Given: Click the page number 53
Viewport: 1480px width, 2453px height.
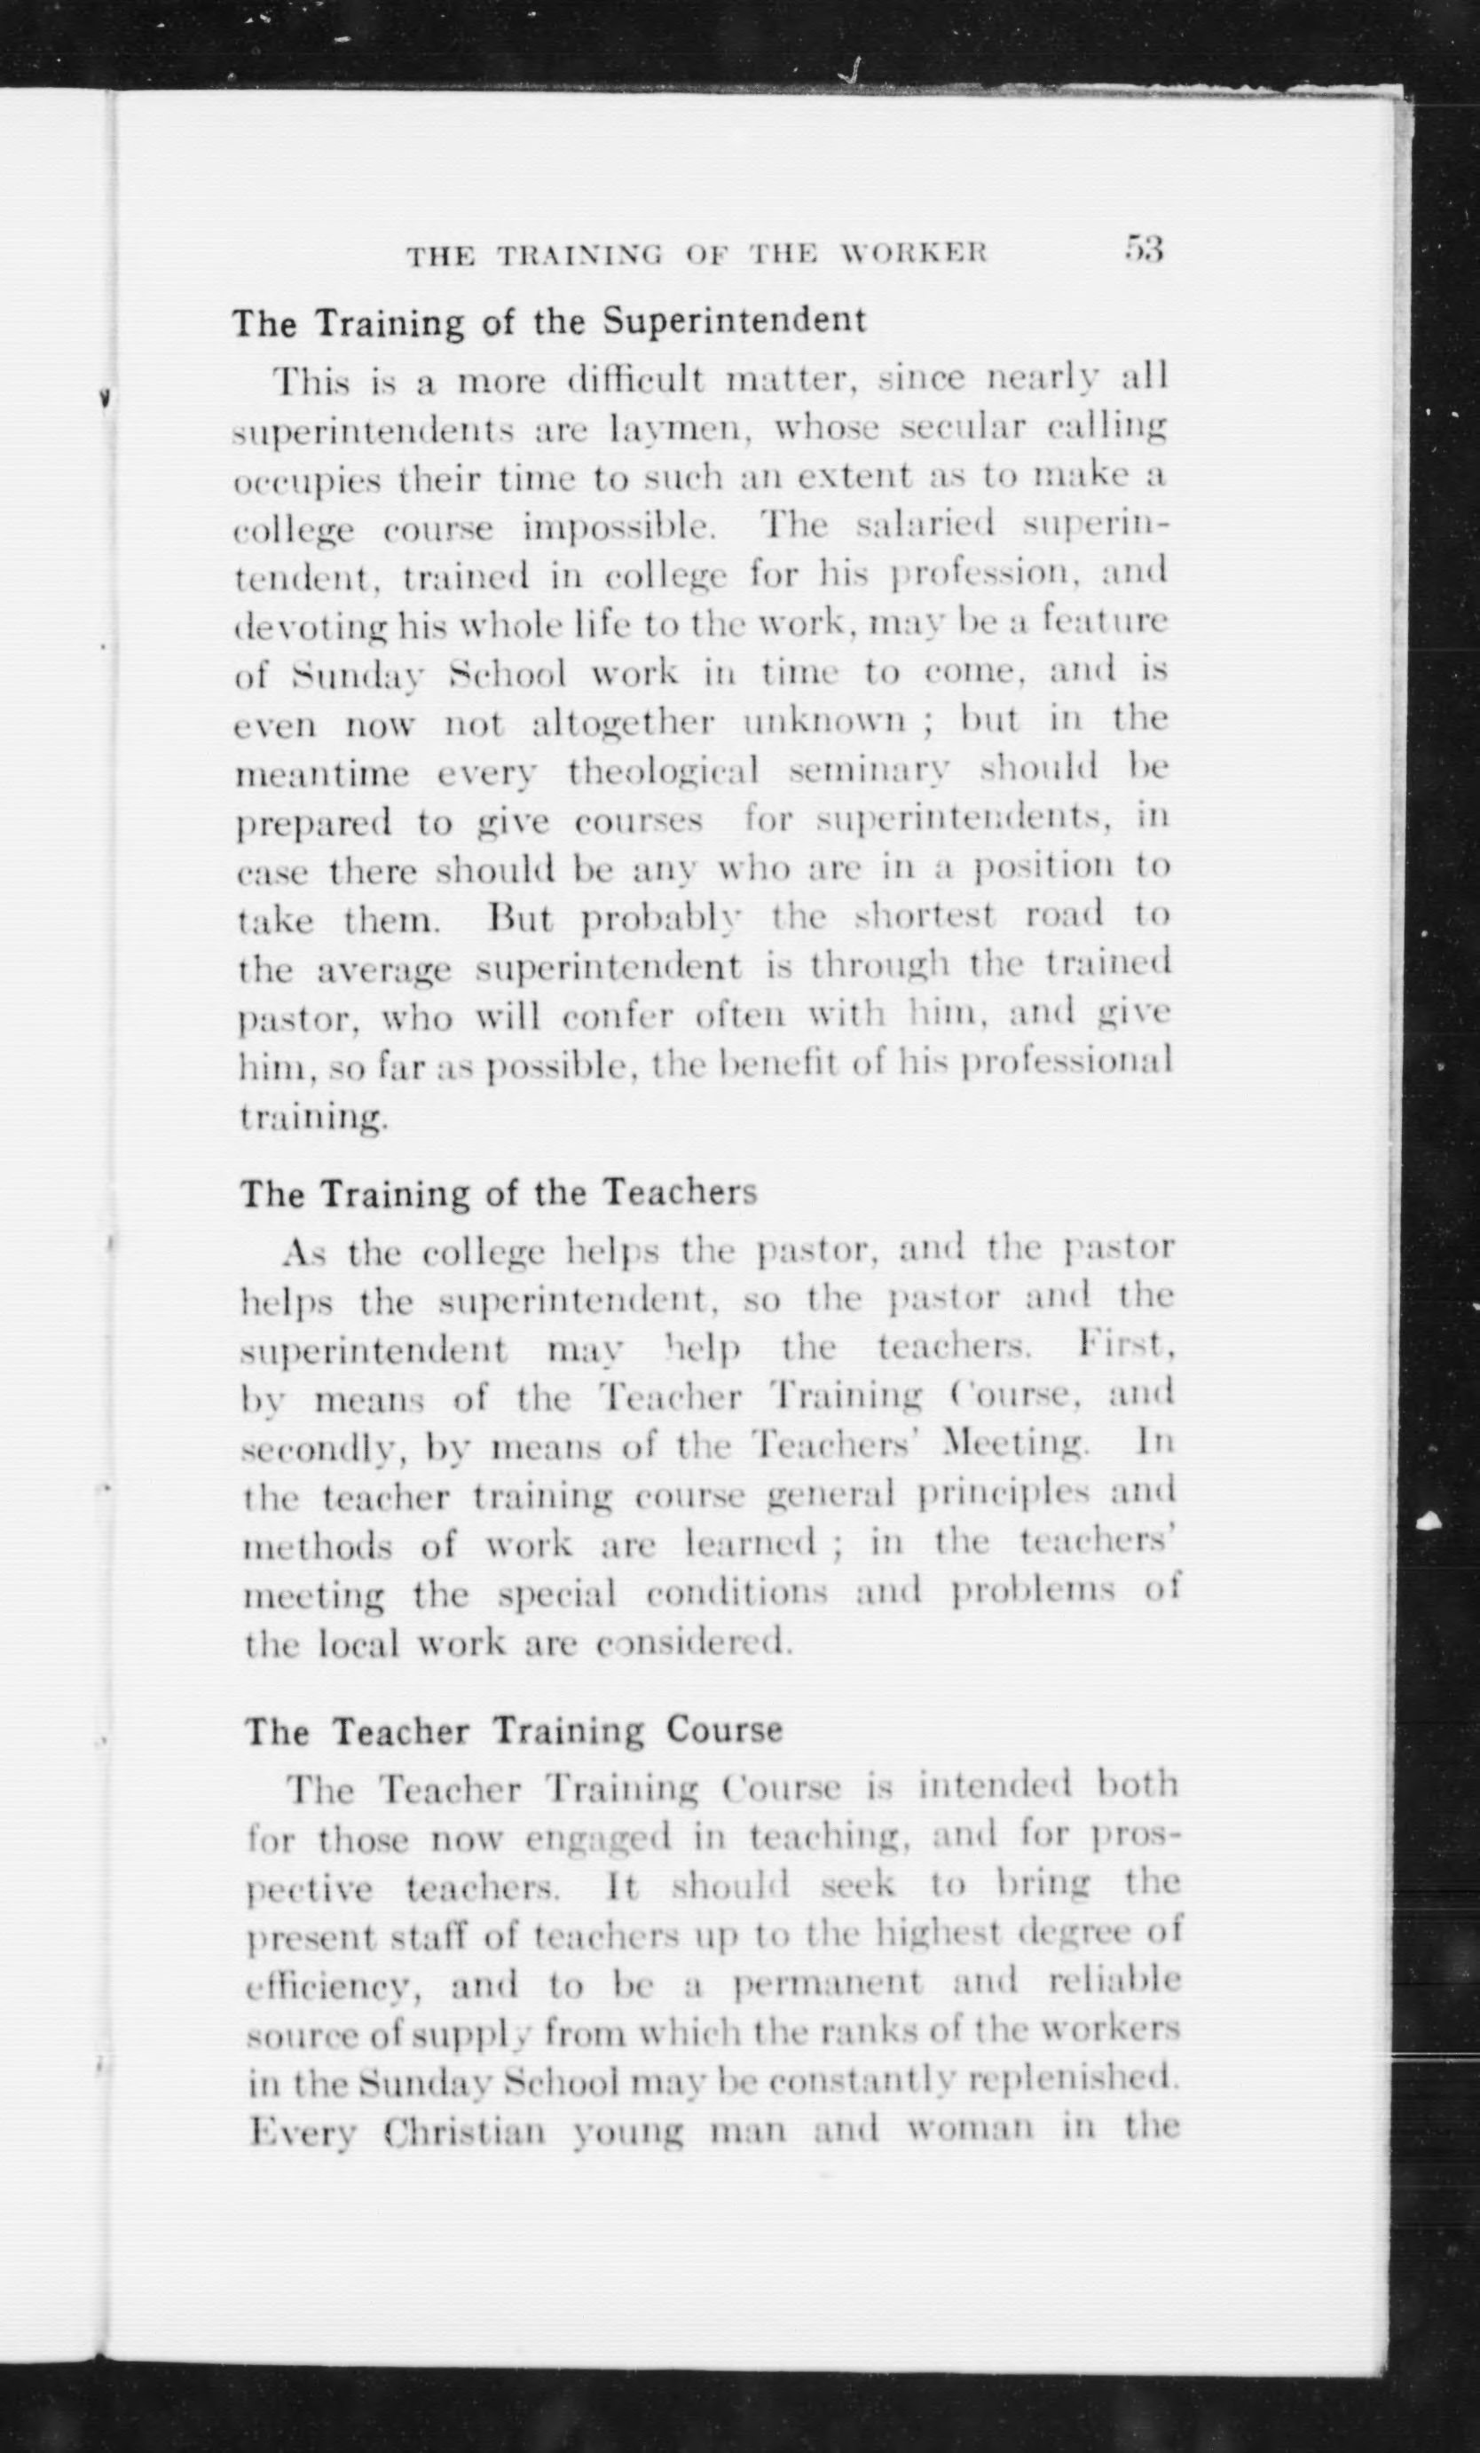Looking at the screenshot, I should click(1144, 249).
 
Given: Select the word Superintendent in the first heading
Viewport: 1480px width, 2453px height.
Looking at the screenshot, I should click(735, 320).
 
